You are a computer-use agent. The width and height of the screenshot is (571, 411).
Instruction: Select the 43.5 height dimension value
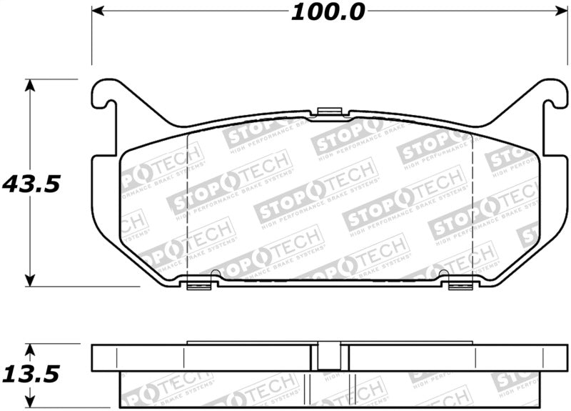pos(30,184)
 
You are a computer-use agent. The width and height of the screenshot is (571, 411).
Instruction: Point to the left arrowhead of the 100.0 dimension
pos(98,11)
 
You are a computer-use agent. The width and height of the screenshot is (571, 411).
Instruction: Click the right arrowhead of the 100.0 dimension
pos(557,11)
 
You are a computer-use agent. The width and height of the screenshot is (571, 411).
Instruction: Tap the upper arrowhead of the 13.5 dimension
pos(29,350)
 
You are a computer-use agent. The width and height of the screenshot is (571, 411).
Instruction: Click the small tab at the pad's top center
pos(328,111)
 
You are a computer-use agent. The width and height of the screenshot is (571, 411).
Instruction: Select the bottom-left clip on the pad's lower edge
pos(200,285)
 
